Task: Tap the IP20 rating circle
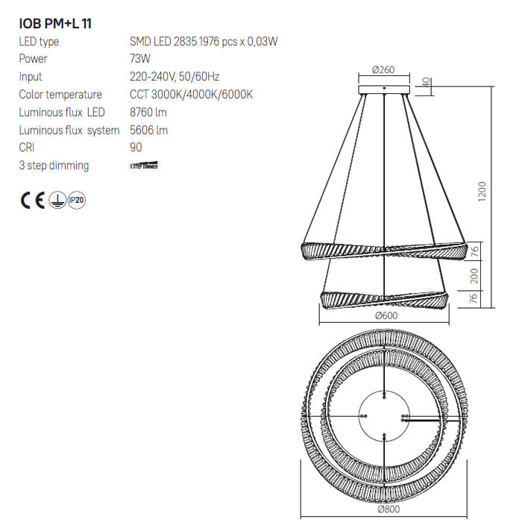pyautogui.click(x=77, y=200)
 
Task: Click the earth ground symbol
pyautogui.click(x=56, y=200)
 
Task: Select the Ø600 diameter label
pyautogui.click(x=385, y=315)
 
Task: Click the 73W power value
pyautogui.click(x=140, y=59)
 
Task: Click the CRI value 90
pyautogui.click(x=136, y=148)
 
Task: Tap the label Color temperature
pyautogui.click(x=60, y=95)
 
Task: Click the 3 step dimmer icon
pyautogui.click(x=144, y=166)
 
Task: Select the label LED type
pyautogui.click(x=39, y=42)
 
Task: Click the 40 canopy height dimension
pyautogui.click(x=427, y=82)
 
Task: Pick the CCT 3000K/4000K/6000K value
pyautogui.click(x=192, y=95)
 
